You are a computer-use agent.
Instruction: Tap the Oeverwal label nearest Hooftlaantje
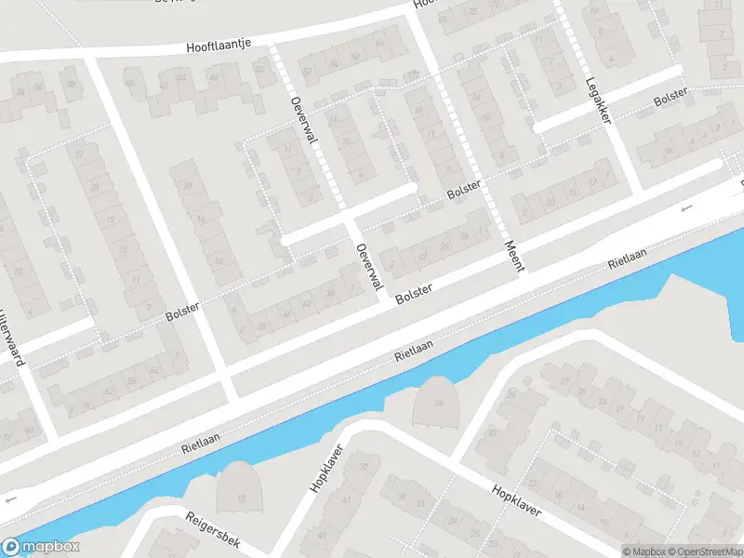click(x=299, y=122)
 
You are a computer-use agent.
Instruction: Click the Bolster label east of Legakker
click(x=670, y=97)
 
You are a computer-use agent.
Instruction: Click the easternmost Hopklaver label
click(x=516, y=504)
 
